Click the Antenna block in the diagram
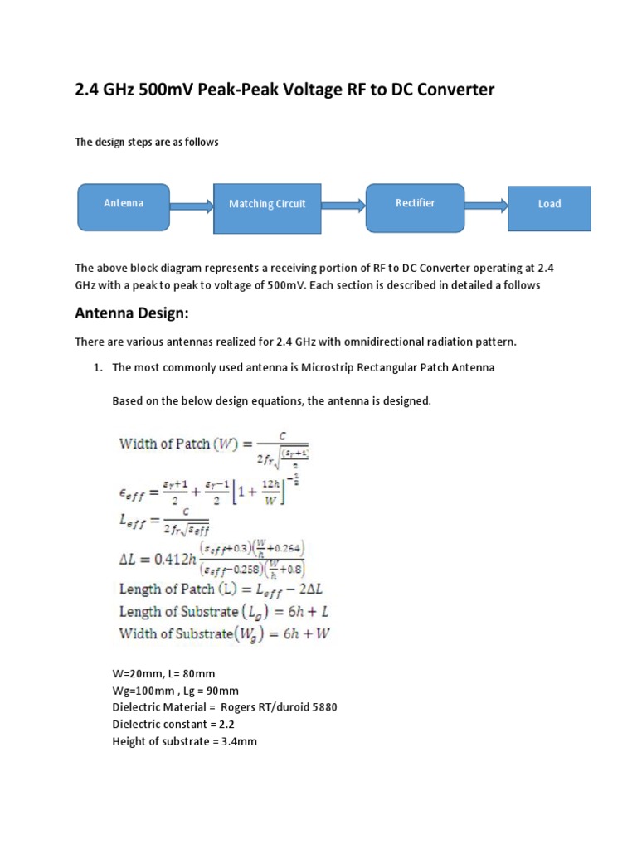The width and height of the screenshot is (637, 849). pos(124,204)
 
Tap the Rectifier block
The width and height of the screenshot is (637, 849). pos(415,204)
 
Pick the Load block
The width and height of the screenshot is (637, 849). pos(549,204)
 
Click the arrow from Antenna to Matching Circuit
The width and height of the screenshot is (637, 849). pos(192,204)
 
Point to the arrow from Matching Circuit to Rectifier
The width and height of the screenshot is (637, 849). pos(342,204)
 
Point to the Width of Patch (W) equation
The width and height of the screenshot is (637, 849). pos(214,448)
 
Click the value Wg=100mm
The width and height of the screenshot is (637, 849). pos(143,690)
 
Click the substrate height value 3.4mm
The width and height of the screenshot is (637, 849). pos(237,741)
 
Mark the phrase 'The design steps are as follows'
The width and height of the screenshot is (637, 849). pos(147,142)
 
